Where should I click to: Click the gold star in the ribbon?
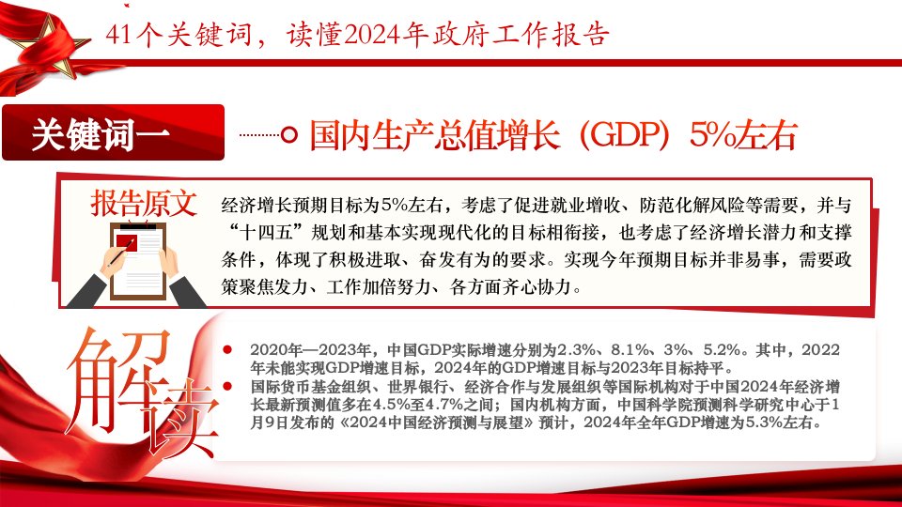coord(49,47)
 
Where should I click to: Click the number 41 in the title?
coord(119,35)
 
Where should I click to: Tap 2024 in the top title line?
coord(372,35)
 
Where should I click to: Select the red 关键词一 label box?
coord(113,132)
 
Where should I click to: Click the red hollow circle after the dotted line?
coord(288,135)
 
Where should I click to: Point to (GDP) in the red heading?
coord(624,135)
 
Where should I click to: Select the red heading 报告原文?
coord(144,204)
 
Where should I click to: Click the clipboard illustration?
coord(138,262)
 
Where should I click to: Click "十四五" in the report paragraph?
coord(266,233)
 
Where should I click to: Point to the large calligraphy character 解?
coord(118,379)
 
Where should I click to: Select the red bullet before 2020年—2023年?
coord(227,349)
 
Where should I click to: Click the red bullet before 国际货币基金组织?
coord(227,386)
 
